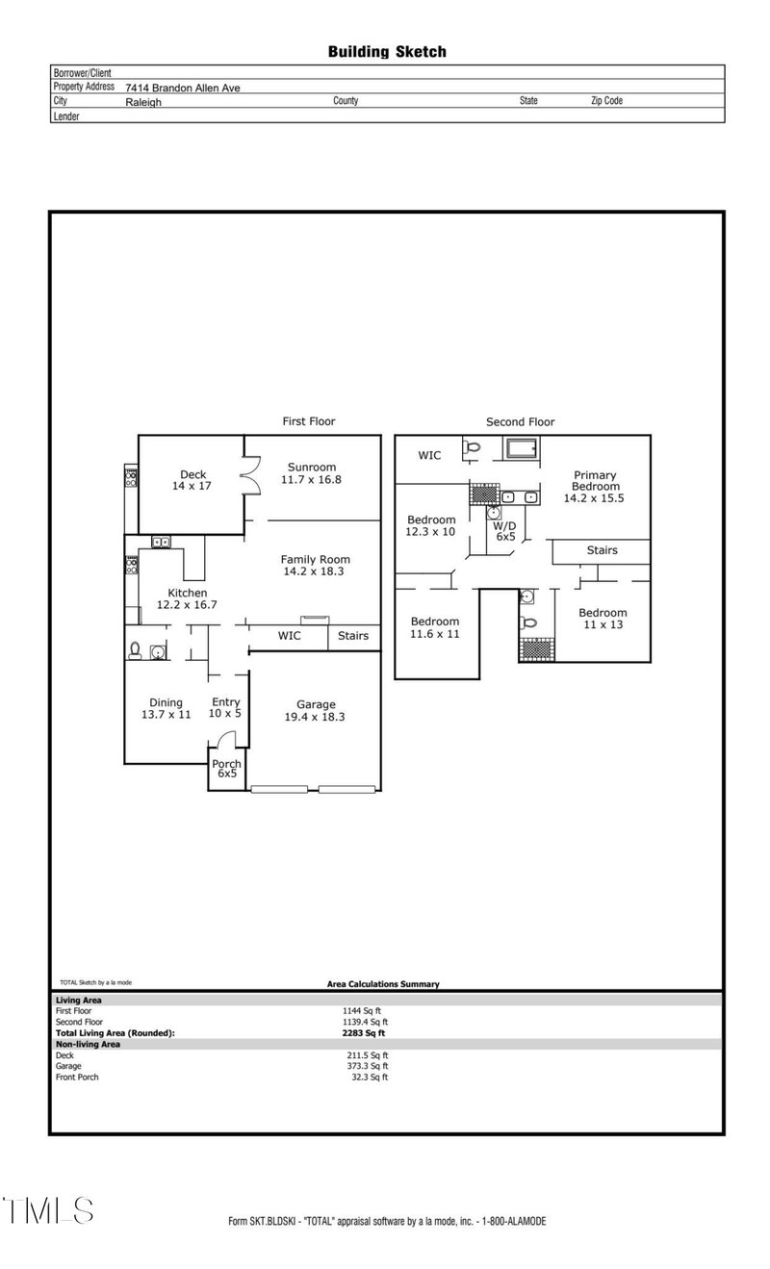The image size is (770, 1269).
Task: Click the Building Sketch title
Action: pos(387,52)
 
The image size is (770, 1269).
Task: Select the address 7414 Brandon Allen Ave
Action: pos(182,88)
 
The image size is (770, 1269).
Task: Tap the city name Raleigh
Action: pos(143,101)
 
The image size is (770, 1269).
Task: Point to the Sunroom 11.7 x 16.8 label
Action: pos(311,473)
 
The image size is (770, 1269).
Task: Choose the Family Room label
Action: pos(315,565)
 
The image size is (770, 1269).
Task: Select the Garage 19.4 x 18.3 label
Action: pos(315,710)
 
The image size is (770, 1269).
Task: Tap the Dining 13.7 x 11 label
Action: pos(167,708)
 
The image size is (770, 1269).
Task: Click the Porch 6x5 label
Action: pos(227,769)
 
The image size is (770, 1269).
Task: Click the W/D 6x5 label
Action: pos(505,531)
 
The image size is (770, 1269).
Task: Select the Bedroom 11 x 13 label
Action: pos(602,619)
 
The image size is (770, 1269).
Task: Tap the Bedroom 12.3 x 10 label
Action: pos(430,525)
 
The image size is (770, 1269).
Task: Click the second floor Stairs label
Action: pos(602,550)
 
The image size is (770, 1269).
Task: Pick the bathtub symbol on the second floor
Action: pos(522,448)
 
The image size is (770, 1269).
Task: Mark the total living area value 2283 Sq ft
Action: pos(356,1032)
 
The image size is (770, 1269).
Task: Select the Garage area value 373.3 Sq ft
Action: pos(365,1066)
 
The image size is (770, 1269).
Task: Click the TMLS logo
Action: pos(48,1210)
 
